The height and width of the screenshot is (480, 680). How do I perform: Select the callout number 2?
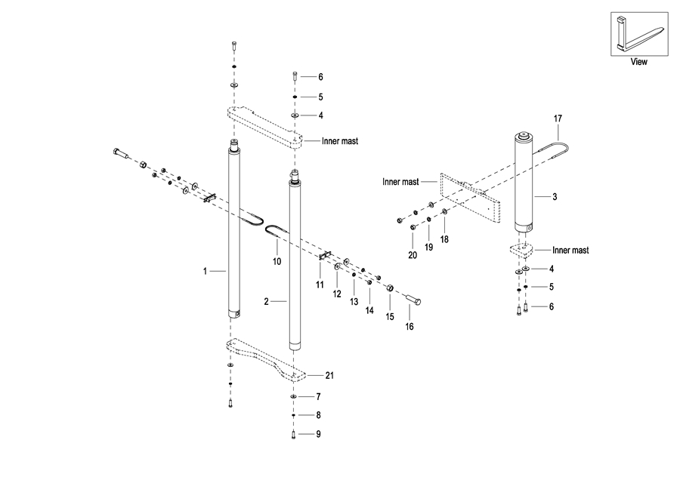click(266, 302)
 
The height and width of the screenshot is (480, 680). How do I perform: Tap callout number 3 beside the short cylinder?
click(555, 197)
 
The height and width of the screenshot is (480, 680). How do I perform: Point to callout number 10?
click(277, 261)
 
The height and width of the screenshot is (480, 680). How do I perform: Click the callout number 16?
click(410, 327)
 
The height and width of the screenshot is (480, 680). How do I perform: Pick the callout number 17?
click(558, 118)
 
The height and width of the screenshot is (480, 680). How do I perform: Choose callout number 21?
click(329, 375)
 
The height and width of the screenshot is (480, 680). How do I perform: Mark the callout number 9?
click(319, 434)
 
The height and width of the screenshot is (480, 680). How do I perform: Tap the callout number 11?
click(320, 285)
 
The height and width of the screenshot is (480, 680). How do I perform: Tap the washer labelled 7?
click(293, 396)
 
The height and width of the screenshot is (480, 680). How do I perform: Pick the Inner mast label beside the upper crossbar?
click(340, 140)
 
